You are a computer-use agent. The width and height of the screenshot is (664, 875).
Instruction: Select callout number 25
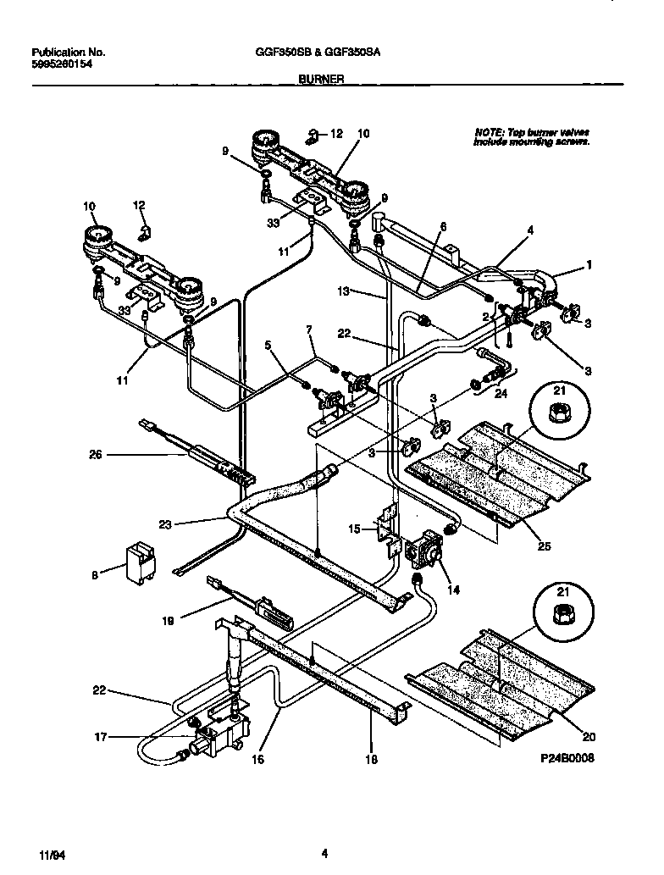click(544, 546)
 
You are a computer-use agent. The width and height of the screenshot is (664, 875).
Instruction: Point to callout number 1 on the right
click(589, 265)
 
